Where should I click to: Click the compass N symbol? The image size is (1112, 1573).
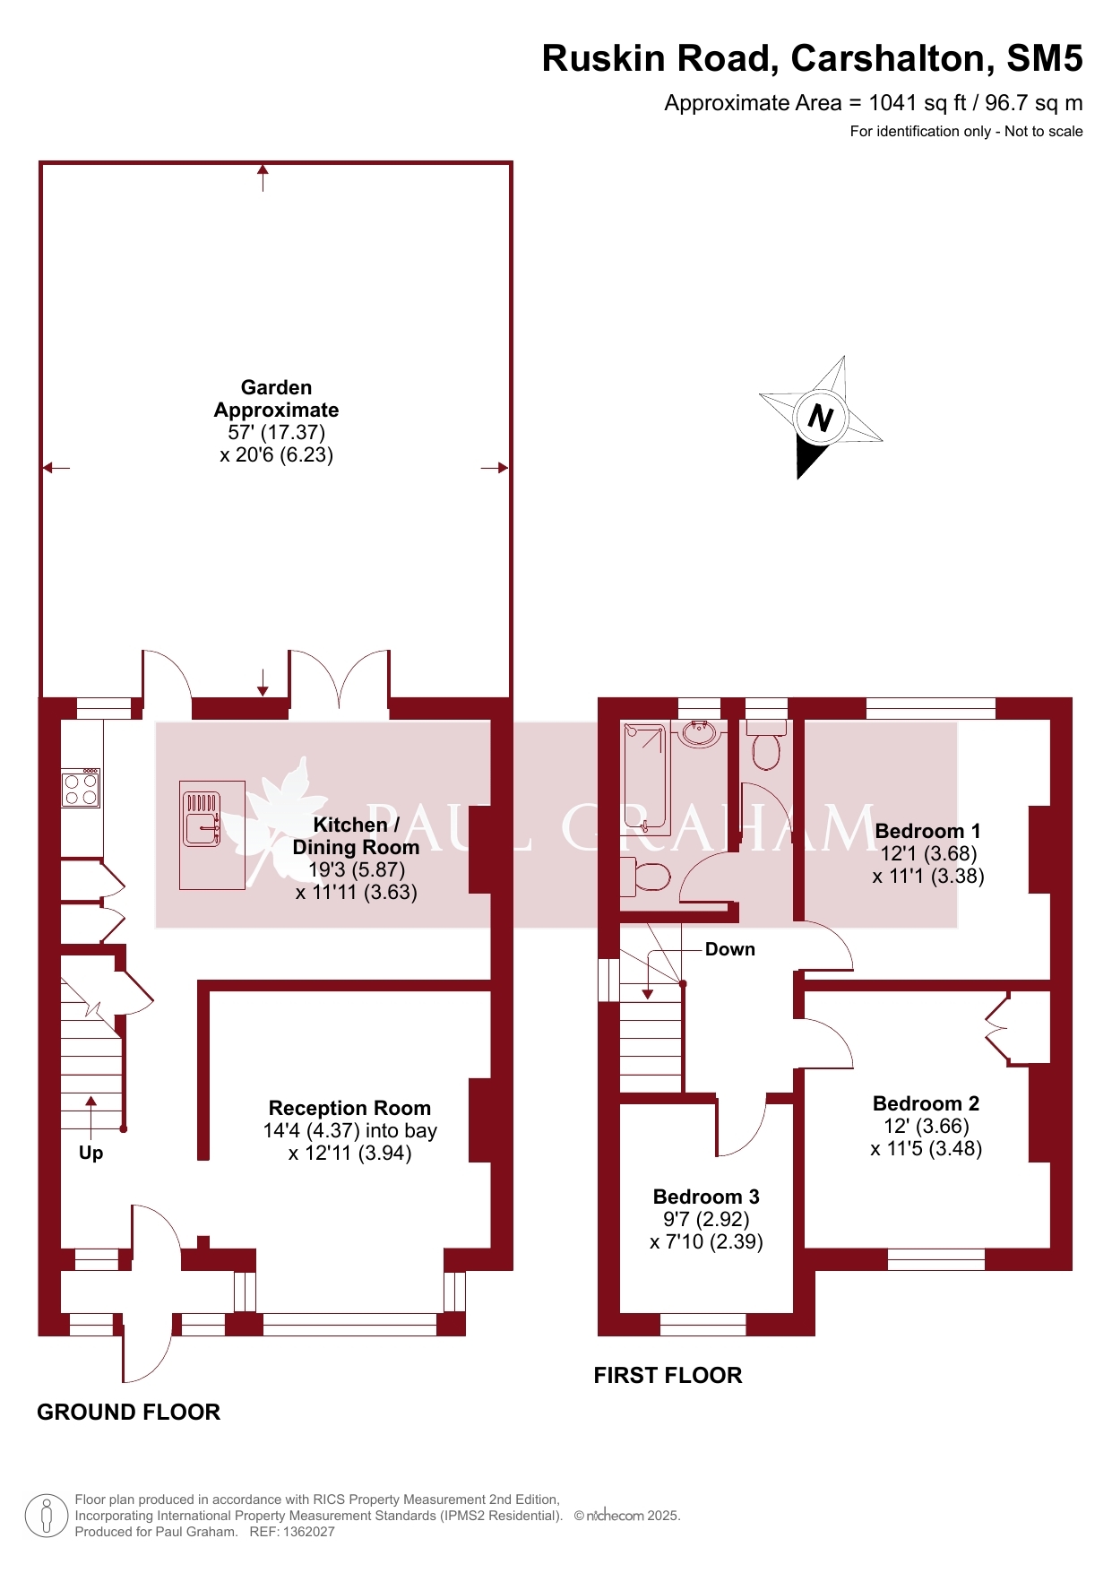[x=821, y=417]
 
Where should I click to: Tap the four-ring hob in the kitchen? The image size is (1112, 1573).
[x=81, y=788]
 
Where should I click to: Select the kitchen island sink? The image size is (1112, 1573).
[x=202, y=818]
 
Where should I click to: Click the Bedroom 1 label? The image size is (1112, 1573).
[x=927, y=831]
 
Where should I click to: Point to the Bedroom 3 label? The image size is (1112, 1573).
[x=706, y=1197]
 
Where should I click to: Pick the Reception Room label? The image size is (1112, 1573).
[x=349, y=1108]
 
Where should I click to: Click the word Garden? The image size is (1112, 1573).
[x=276, y=387]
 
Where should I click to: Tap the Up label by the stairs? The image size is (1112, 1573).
[x=91, y=1153]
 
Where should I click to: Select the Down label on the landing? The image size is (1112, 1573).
[x=729, y=949]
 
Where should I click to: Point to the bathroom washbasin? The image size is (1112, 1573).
[x=701, y=734]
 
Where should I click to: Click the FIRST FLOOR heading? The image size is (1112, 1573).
[x=668, y=1375]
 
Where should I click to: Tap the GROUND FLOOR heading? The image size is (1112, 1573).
[x=128, y=1412]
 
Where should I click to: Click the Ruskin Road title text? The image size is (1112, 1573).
[x=812, y=58]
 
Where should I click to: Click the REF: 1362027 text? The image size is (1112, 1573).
[x=292, y=1532]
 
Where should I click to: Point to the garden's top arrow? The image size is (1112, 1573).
[x=263, y=177]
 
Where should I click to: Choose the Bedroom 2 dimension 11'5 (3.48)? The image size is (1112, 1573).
[x=927, y=1148]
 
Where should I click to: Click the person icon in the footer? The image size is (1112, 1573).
[x=47, y=1516]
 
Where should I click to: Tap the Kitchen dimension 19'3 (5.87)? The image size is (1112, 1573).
[x=357, y=869]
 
